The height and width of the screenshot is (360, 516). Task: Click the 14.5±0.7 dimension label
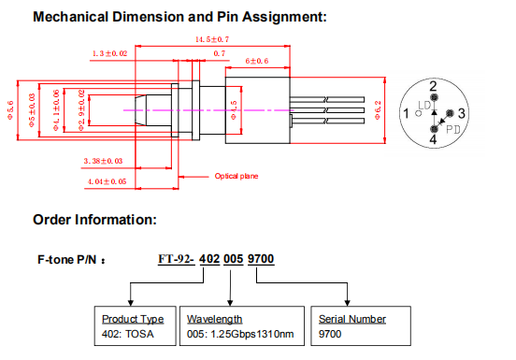212,39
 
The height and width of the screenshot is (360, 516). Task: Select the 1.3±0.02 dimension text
109,53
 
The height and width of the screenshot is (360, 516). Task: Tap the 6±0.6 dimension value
257,61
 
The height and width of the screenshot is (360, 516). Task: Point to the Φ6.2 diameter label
378,110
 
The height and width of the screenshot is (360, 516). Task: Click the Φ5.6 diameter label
10,110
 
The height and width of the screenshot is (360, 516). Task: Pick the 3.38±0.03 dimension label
103,161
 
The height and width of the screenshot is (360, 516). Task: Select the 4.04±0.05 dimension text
107,181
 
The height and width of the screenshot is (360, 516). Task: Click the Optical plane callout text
236,176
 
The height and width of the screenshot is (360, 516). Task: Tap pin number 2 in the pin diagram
433,86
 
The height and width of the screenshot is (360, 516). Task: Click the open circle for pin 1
419,113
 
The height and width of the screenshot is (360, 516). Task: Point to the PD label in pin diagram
452,130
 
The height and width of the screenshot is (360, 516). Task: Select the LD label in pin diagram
424,106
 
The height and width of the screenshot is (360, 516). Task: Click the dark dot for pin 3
450,113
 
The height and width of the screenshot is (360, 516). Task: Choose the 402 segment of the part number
209,259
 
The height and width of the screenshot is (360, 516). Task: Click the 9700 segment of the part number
261,259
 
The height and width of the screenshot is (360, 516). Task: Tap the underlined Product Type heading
133,319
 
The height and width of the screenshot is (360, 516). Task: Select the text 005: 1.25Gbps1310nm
240,334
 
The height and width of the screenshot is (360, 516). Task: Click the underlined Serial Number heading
352,319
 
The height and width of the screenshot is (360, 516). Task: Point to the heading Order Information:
94,220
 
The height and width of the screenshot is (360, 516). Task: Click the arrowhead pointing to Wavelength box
230,303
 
